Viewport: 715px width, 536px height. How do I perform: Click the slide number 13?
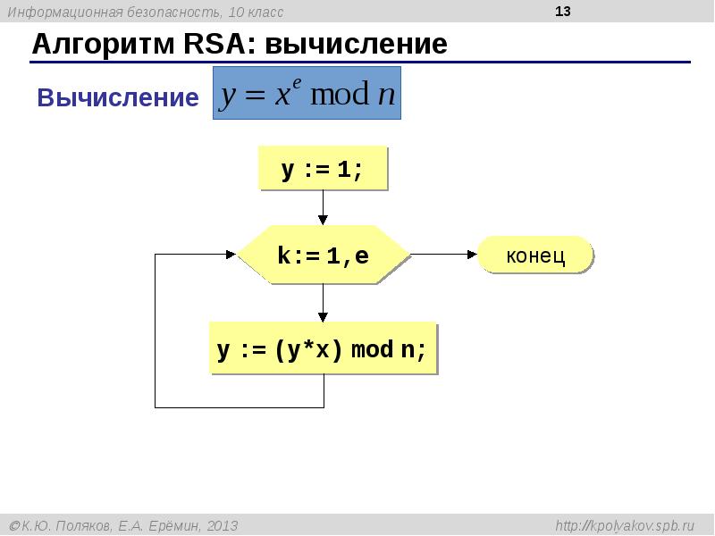(x=562, y=12)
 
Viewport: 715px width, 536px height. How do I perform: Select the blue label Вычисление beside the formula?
(x=117, y=98)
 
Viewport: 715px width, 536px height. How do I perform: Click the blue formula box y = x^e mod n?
(x=307, y=93)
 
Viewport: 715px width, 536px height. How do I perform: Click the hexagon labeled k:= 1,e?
(x=323, y=256)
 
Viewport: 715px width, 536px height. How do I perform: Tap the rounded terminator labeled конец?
(x=535, y=255)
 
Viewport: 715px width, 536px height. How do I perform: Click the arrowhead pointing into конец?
(x=471, y=255)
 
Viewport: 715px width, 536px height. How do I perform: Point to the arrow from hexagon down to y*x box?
(x=323, y=304)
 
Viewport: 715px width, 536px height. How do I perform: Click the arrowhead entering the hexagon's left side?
(x=231, y=255)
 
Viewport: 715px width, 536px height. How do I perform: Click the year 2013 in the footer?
(x=223, y=525)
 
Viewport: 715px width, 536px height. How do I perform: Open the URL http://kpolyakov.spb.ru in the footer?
(x=625, y=525)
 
